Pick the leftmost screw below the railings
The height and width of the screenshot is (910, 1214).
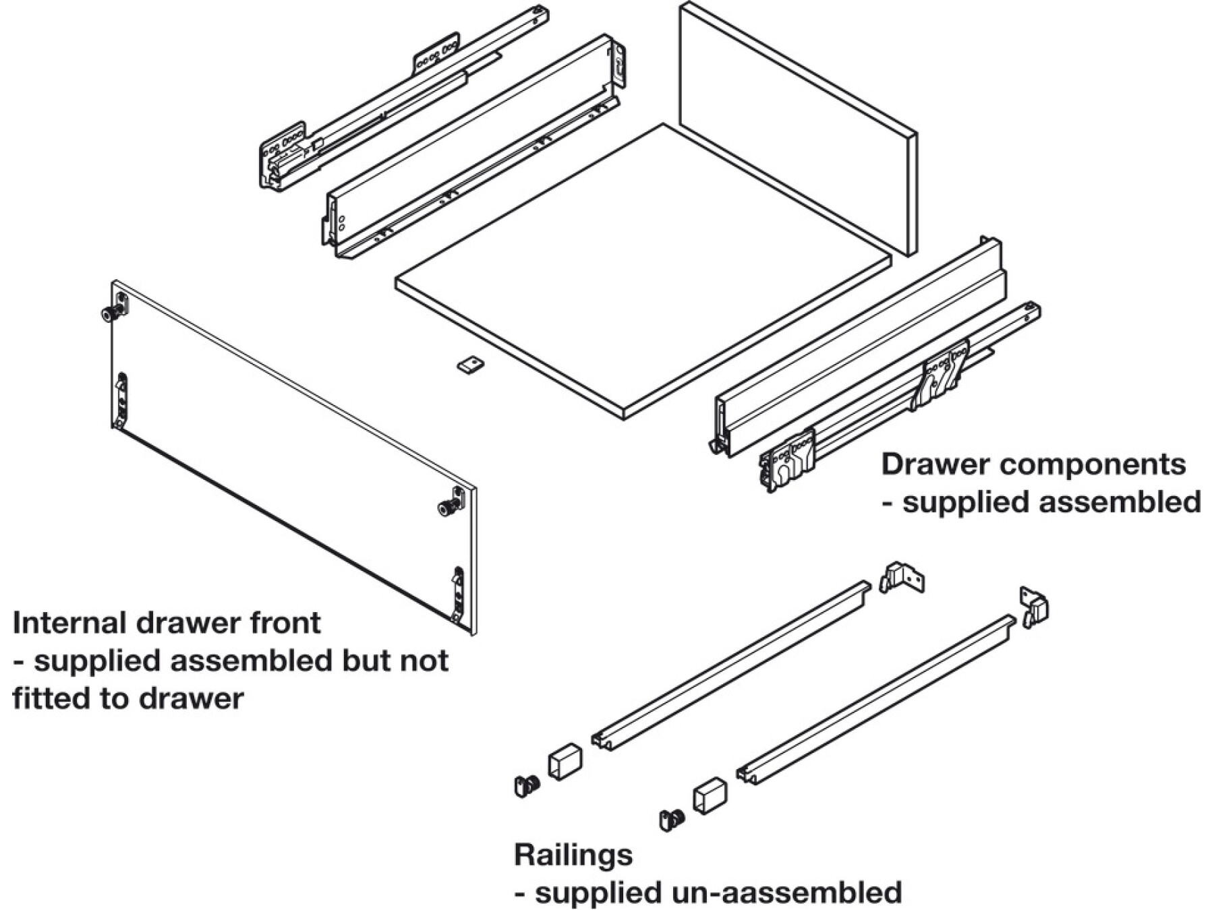click(x=527, y=785)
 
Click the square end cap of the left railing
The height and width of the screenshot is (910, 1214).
click(x=565, y=762)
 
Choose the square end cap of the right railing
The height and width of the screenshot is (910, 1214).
click(x=710, y=797)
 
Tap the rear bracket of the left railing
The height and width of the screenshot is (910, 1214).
click(x=902, y=578)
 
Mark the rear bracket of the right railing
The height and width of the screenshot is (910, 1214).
click(x=1035, y=606)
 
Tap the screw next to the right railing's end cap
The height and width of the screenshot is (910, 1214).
click(x=672, y=820)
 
